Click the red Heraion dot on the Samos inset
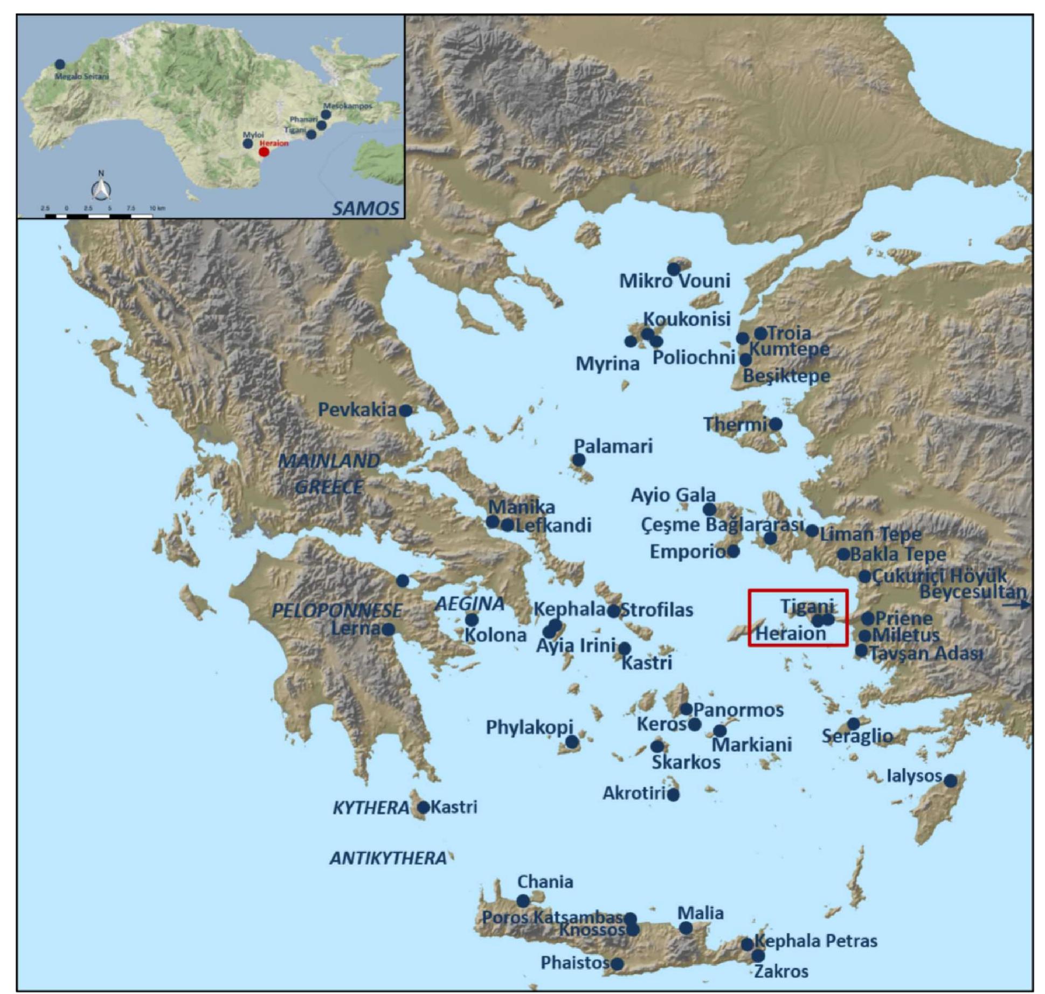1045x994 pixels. (x=264, y=151)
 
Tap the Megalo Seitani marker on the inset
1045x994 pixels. (x=60, y=64)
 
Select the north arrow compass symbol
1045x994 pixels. (x=101, y=188)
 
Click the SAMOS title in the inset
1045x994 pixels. (x=365, y=208)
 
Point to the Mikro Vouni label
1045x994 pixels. (x=674, y=281)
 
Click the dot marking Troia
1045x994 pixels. (x=760, y=333)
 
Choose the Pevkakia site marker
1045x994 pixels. (x=405, y=411)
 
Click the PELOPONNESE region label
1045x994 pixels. (x=336, y=610)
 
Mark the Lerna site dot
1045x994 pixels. (x=388, y=629)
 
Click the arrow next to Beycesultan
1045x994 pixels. (x=1016, y=605)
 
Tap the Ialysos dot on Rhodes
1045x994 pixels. (x=951, y=781)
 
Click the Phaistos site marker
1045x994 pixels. (x=618, y=964)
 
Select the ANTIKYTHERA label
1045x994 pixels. (x=388, y=858)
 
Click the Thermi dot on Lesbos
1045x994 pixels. (x=776, y=424)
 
